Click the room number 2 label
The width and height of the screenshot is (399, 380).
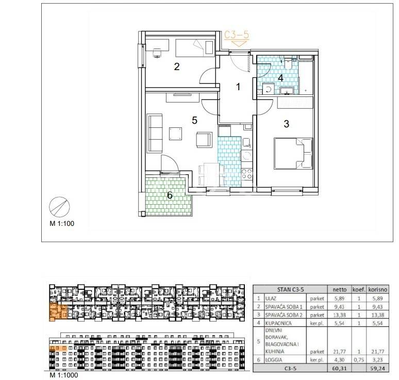(x=177, y=67)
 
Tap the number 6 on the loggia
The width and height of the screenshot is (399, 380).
(x=170, y=195)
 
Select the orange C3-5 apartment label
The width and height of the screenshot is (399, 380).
(x=237, y=35)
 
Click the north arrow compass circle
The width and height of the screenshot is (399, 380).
(x=59, y=207)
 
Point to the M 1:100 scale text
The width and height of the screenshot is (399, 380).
(x=62, y=223)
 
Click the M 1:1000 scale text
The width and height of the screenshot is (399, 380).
(x=63, y=375)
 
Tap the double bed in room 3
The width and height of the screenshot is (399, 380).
(x=293, y=154)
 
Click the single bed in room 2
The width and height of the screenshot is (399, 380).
(x=195, y=48)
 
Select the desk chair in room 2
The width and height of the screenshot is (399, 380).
(x=157, y=53)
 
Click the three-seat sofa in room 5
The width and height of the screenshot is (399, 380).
(x=155, y=134)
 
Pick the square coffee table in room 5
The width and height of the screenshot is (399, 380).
(x=176, y=134)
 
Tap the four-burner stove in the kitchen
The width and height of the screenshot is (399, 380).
(x=246, y=174)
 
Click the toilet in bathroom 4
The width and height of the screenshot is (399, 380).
(x=289, y=63)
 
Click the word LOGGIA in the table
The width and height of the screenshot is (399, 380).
(x=274, y=360)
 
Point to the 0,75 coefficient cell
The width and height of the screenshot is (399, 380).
(x=359, y=360)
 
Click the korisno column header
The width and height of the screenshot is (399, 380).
(x=378, y=290)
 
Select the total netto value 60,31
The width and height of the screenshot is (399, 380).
(x=339, y=368)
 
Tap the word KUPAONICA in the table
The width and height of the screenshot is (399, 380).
(x=278, y=323)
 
